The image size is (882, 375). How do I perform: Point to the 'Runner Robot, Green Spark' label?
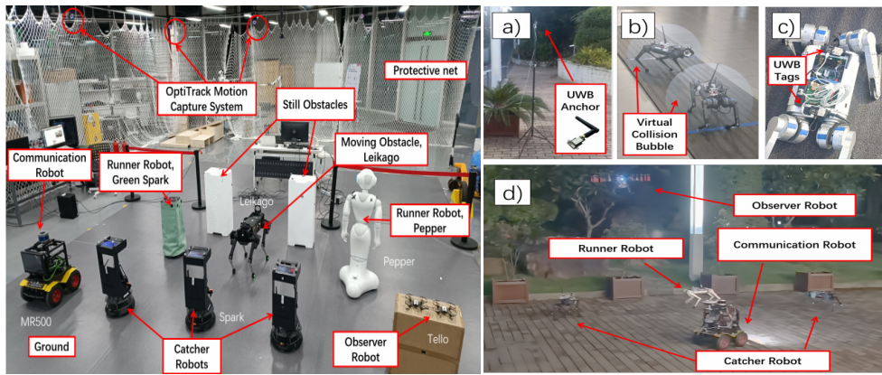coord(143,170)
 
